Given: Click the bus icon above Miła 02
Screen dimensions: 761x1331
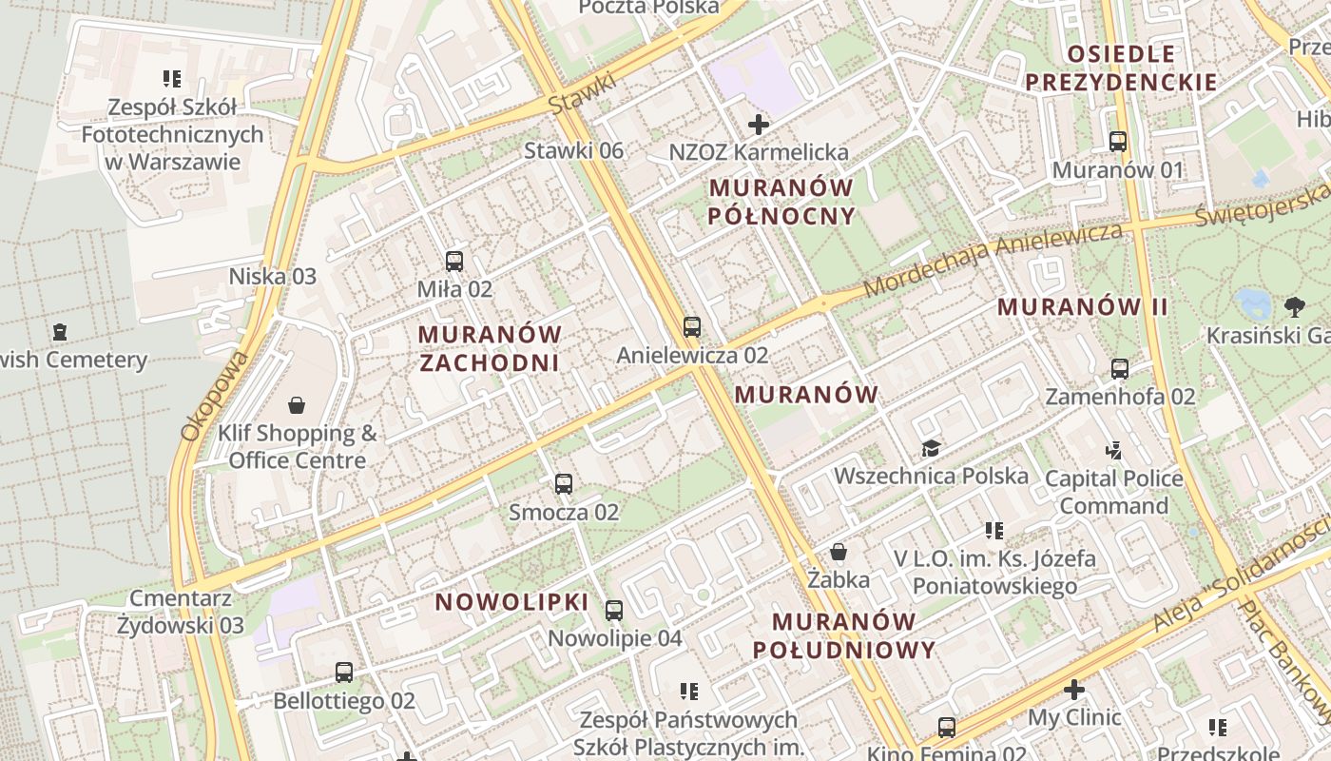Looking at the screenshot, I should click(x=454, y=261).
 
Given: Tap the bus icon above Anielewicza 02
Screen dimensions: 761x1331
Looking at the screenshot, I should click(x=692, y=327).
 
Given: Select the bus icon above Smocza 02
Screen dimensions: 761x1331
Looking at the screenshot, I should click(x=564, y=484).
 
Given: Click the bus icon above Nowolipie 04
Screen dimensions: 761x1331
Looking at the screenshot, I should click(x=614, y=611).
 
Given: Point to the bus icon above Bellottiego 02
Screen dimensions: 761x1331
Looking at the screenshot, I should click(x=344, y=673).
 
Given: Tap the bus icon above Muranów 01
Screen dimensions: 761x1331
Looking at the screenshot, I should click(x=1118, y=142).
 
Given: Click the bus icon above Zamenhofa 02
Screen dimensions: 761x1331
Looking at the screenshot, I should click(x=1120, y=368).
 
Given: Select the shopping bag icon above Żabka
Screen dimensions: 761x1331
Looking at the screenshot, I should click(x=839, y=552).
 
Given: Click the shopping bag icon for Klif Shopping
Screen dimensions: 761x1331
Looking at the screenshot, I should click(x=297, y=406).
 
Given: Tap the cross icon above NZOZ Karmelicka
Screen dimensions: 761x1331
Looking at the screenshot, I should click(x=759, y=125).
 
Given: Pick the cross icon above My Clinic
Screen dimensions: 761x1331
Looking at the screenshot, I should click(x=1074, y=690).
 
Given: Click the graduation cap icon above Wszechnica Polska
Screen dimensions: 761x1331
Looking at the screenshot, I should click(x=931, y=448).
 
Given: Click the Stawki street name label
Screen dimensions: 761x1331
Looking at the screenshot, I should click(x=582, y=95).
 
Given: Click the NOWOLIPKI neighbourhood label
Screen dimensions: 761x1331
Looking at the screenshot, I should click(x=512, y=602).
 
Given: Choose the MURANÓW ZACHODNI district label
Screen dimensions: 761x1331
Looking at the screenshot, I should click(x=490, y=348).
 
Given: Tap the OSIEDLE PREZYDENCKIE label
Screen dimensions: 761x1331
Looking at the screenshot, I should click(x=1122, y=68).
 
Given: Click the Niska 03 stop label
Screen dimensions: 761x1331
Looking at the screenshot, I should click(x=272, y=277).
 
